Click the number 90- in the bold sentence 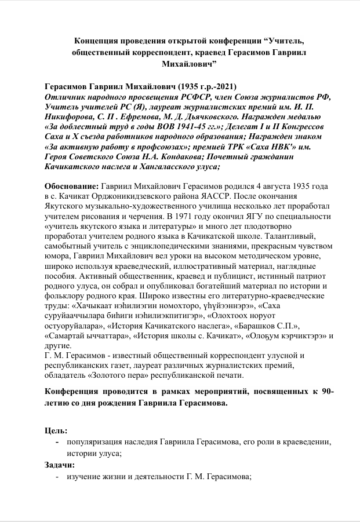[x=326, y=392]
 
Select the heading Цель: [x=56, y=431]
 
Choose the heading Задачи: [x=60, y=465]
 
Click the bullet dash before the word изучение [x=56, y=477]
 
